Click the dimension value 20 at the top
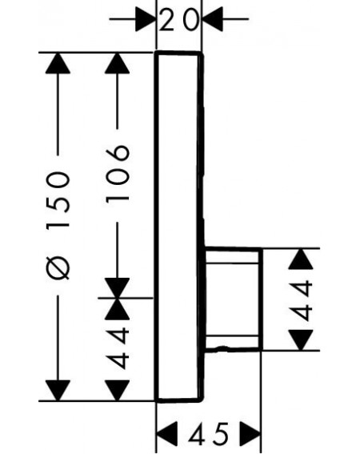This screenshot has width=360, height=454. [x=179, y=19]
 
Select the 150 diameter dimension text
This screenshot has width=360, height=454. [x=58, y=201]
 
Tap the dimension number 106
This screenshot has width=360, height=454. [x=118, y=173]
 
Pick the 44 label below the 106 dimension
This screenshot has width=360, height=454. [x=118, y=348]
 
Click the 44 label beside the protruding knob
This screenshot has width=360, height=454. [x=302, y=301]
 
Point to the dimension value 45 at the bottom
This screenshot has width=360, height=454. [x=208, y=433]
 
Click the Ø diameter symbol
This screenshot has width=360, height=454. [x=58, y=267]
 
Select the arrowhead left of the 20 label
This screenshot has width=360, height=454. [x=146, y=19]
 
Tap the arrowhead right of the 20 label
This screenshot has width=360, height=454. [x=213, y=19]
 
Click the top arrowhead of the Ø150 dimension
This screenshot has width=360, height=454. [x=58, y=63]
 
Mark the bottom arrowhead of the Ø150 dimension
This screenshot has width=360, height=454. [x=58, y=391]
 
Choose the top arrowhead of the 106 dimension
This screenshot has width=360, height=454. [x=118, y=63]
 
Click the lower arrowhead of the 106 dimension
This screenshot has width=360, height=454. [x=118, y=287]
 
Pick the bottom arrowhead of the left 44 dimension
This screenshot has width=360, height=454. [x=118, y=391]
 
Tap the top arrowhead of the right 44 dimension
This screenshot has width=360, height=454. [x=302, y=259]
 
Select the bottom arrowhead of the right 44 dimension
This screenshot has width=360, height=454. [x=302, y=340]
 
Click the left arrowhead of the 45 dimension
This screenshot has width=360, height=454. [x=166, y=433]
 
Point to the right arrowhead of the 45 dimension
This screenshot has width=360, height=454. [x=250, y=433]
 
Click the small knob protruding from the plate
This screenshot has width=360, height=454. [x=232, y=299]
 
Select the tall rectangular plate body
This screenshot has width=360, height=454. [x=179, y=227]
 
